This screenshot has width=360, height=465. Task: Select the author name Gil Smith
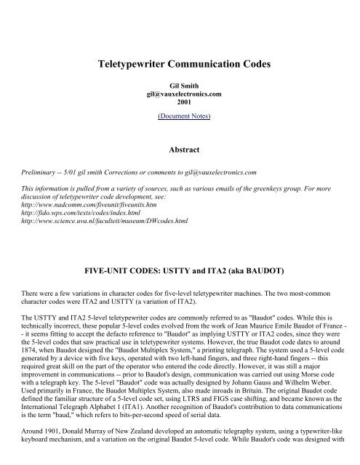[x=179, y=86]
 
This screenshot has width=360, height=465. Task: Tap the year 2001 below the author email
[x=179, y=102]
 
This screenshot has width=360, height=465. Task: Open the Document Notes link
[x=179, y=116]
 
